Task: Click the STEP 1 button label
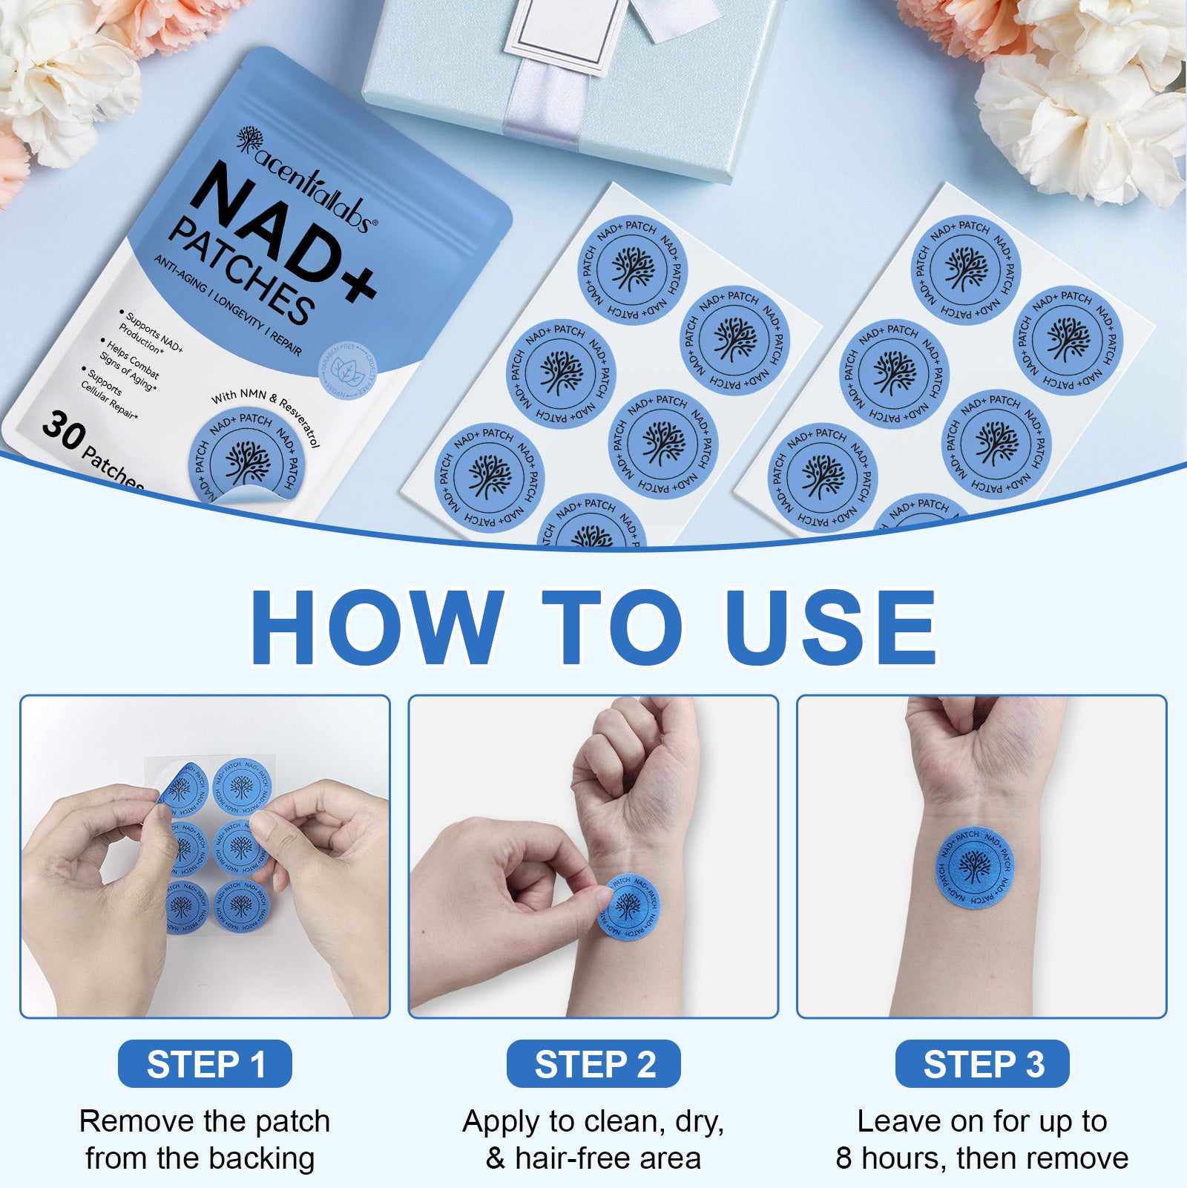point(205,1064)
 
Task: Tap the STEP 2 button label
point(593,1064)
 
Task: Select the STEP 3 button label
point(982,1064)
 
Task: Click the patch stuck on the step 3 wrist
point(974,867)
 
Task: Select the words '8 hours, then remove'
point(982,1158)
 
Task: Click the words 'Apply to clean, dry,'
point(593,1121)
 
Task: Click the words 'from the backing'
point(200,1158)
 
